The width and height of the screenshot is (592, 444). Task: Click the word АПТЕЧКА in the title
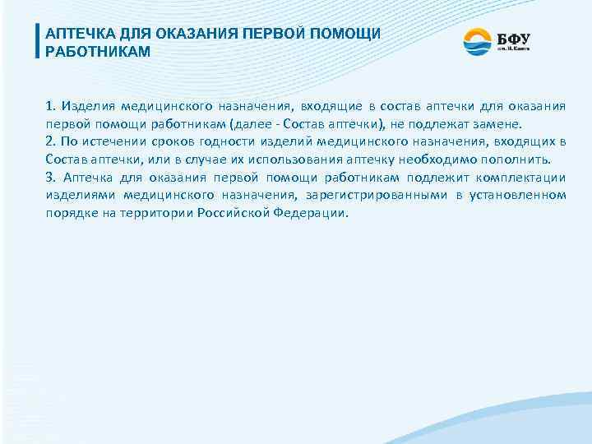point(80,35)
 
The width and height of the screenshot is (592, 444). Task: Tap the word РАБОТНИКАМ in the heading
point(99,52)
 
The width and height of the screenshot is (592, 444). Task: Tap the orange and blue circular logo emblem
point(477,41)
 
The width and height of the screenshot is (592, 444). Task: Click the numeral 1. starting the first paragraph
point(51,106)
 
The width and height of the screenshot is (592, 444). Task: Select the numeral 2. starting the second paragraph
point(51,142)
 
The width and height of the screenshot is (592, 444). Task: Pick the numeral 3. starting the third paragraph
point(51,178)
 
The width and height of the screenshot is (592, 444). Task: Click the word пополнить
point(521,160)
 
